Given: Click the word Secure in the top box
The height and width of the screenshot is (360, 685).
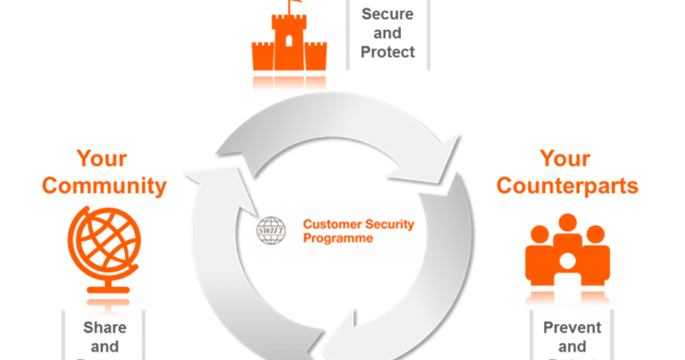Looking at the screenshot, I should [x=387, y=14].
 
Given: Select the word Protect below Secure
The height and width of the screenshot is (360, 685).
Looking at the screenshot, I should [x=387, y=52].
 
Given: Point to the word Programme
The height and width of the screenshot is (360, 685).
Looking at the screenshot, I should [x=337, y=238].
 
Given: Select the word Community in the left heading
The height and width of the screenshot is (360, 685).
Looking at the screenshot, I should [x=104, y=186].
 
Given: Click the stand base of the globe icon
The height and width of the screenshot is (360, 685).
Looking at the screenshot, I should [x=105, y=290].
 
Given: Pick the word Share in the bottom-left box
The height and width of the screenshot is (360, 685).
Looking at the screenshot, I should [x=104, y=327].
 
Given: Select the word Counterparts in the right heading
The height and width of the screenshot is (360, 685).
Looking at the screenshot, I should [x=567, y=186].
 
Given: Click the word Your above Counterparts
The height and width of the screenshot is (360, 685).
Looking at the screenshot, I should [x=566, y=159].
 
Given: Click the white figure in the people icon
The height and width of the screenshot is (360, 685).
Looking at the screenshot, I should [x=567, y=263].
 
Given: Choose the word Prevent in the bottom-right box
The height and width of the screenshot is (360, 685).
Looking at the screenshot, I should [x=572, y=327].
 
